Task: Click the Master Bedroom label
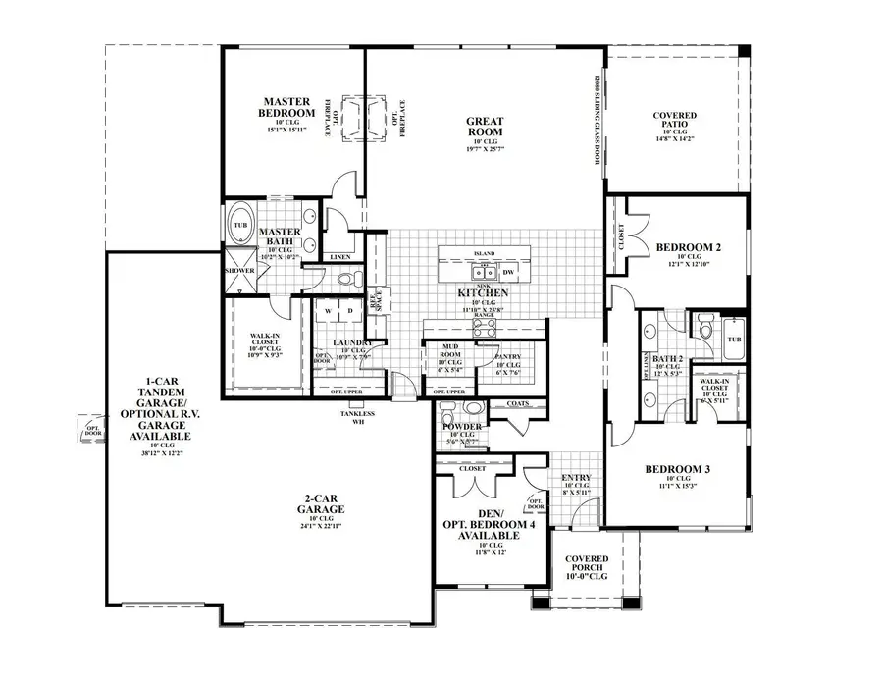point(286,107)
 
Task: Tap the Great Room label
point(485,127)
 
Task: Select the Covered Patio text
point(675,121)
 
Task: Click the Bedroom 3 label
point(677,469)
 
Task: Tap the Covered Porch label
point(587,566)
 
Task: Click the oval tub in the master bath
point(240,224)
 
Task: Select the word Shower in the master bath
point(239,270)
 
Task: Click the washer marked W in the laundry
point(329,311)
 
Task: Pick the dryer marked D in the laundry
point(351,311)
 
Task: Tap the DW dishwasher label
point(508,272)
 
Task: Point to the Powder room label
point(462,427)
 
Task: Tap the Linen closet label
point(340,256)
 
